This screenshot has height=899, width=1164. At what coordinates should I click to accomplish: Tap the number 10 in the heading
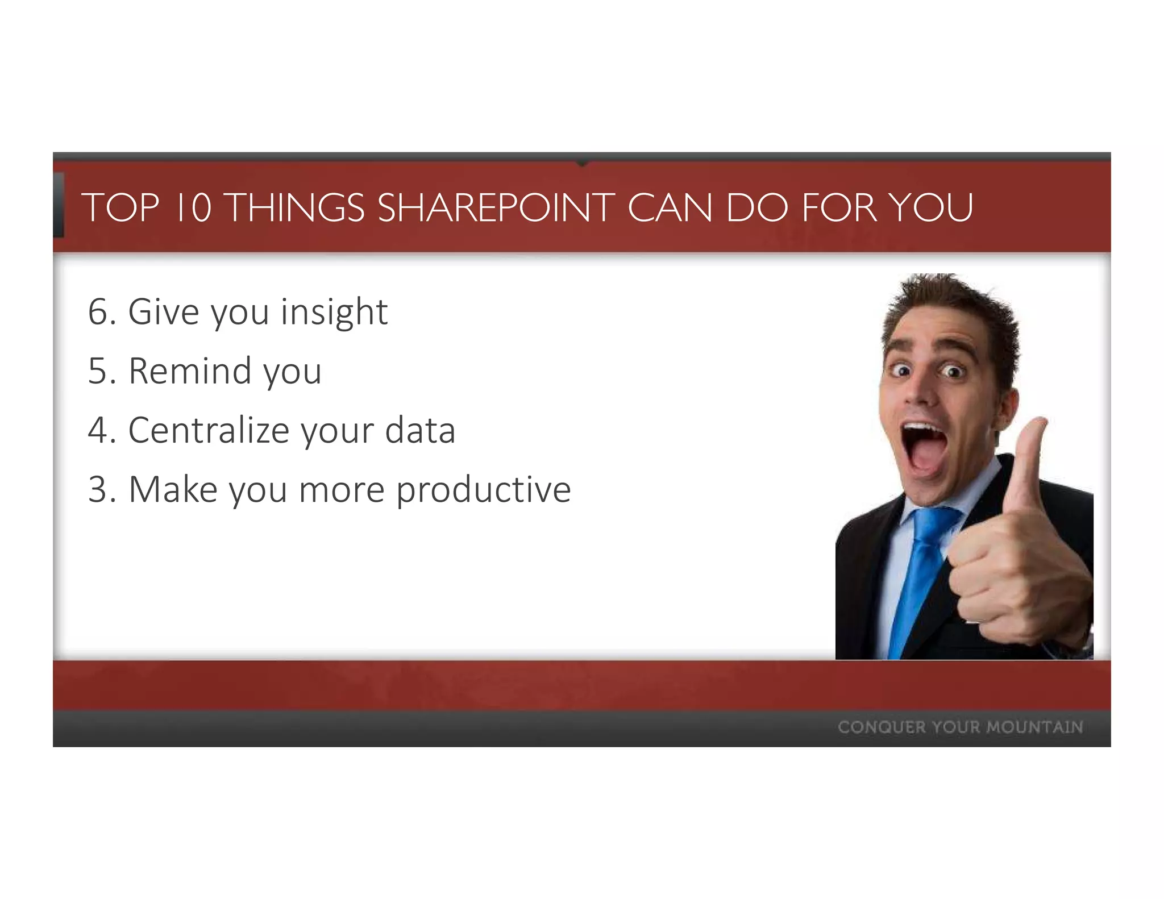[193, 207]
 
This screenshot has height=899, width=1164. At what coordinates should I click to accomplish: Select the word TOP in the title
[120, 207]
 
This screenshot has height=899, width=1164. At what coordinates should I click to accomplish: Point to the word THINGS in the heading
[296, 207]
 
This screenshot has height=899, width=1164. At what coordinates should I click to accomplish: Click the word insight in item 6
[334, 312]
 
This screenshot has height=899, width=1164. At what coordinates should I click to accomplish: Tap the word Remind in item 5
[190, 371]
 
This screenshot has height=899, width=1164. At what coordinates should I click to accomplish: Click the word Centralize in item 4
[209, 430]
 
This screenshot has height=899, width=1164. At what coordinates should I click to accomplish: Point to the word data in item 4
[420, 430]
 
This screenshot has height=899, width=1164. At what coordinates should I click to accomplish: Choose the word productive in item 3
[483, 490]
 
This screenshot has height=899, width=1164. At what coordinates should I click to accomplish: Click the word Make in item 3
[173, 489]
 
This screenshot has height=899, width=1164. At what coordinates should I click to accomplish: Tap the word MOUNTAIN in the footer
[1034, 727]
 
